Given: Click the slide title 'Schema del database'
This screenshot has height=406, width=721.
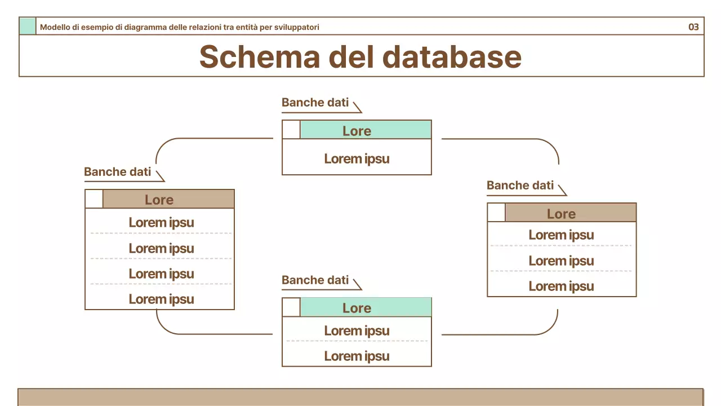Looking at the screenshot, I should pyautogui.click(x=360, y=56).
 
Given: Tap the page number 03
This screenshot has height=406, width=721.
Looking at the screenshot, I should pyautogui.click(x=693, y=27).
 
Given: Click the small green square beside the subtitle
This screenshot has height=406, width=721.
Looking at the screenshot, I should pyautogui.click(x=28, y=27).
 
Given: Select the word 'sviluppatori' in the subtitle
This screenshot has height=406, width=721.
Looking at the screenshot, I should pyautogui.click(x=299, y=27).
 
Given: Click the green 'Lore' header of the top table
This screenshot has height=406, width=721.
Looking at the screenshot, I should pyautogui.click(x=365, y=130).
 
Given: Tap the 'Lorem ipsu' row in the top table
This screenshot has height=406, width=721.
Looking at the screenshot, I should pyautogui.click(x=357, y=158).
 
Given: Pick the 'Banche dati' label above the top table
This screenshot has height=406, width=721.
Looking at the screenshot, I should pyautogui.click(x=315, y=103).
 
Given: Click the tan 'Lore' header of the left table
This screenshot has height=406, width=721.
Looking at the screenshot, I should pyautogui.click(x=168, y=199).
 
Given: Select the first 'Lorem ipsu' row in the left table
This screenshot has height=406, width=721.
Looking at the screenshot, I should pyautogui.click(x=161, y=222).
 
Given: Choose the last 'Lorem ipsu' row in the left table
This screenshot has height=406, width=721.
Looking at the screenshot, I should pyautogui.click(x=161, y=299).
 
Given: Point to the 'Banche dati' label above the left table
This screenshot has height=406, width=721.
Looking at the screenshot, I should pyautogui.click(x=117, y=171).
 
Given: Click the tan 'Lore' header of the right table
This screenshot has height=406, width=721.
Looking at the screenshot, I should pyautogui.click(x=570, y=213).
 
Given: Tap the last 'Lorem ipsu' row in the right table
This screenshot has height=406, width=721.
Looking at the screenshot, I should pyautogui.click(x=561, y=286).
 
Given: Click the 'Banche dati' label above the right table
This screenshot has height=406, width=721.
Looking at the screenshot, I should pyautogui.click(x=520, y=185).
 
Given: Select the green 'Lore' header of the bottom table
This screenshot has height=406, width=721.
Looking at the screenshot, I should pyautogui.click(x=365, y=307).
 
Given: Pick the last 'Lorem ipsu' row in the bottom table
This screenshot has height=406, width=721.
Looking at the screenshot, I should pyautogui.click(x=357, y=356).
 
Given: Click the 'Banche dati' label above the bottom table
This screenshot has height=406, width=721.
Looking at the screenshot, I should pyautogui.click(x=315, y=280).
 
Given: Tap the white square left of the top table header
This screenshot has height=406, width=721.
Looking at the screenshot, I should pyautogui.click(x=291, y=130).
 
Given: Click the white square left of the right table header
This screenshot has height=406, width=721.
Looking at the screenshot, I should pyautogui.click(x=496, y=213).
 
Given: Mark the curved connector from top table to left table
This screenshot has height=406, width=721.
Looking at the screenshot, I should pyautogui.click(x=169, y=143).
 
